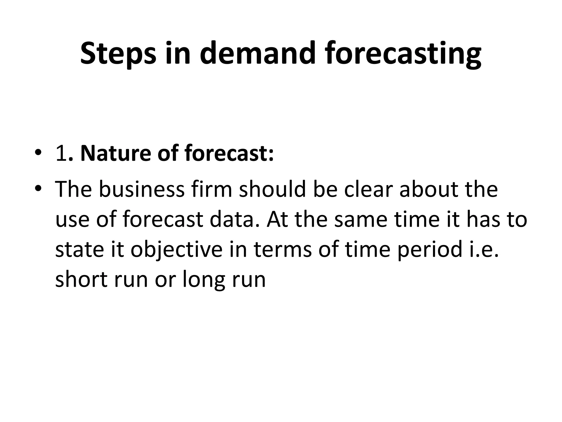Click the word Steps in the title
pos(118,54)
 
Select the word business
pos(141,189)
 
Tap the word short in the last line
pos(81,279)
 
